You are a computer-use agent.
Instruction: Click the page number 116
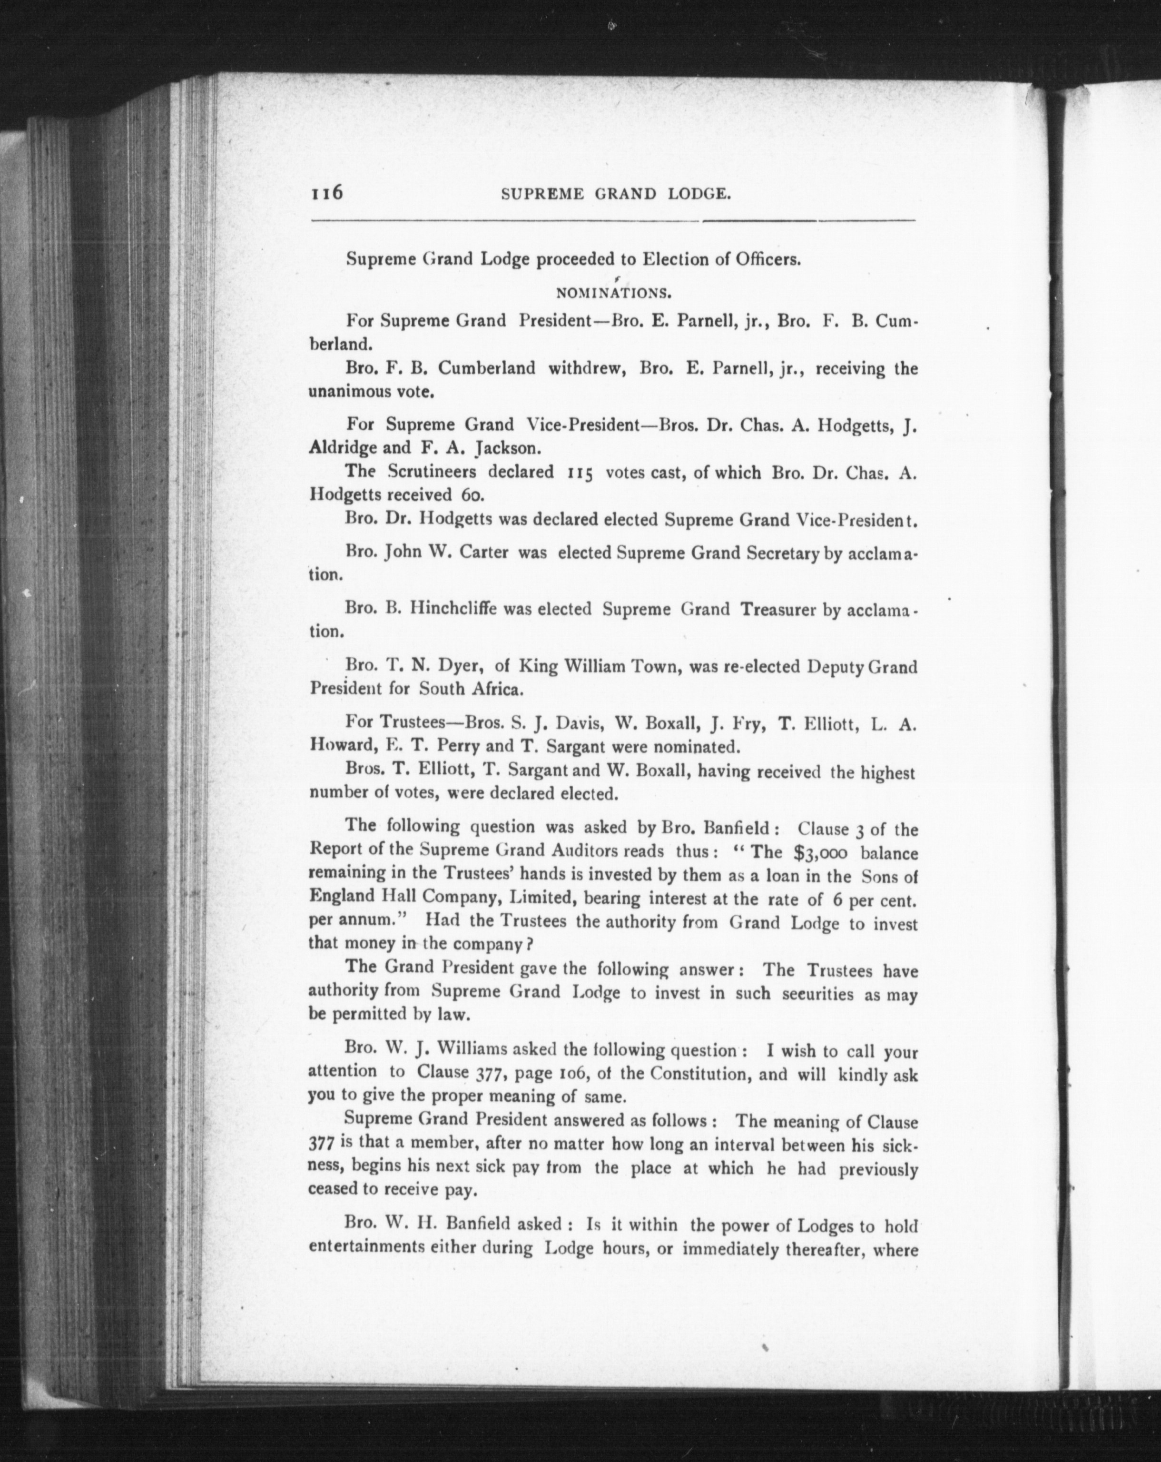click(x=327, y=193)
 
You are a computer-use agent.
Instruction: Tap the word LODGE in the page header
click(x=698, y=195)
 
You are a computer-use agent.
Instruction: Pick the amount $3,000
click(x=813, y=852)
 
